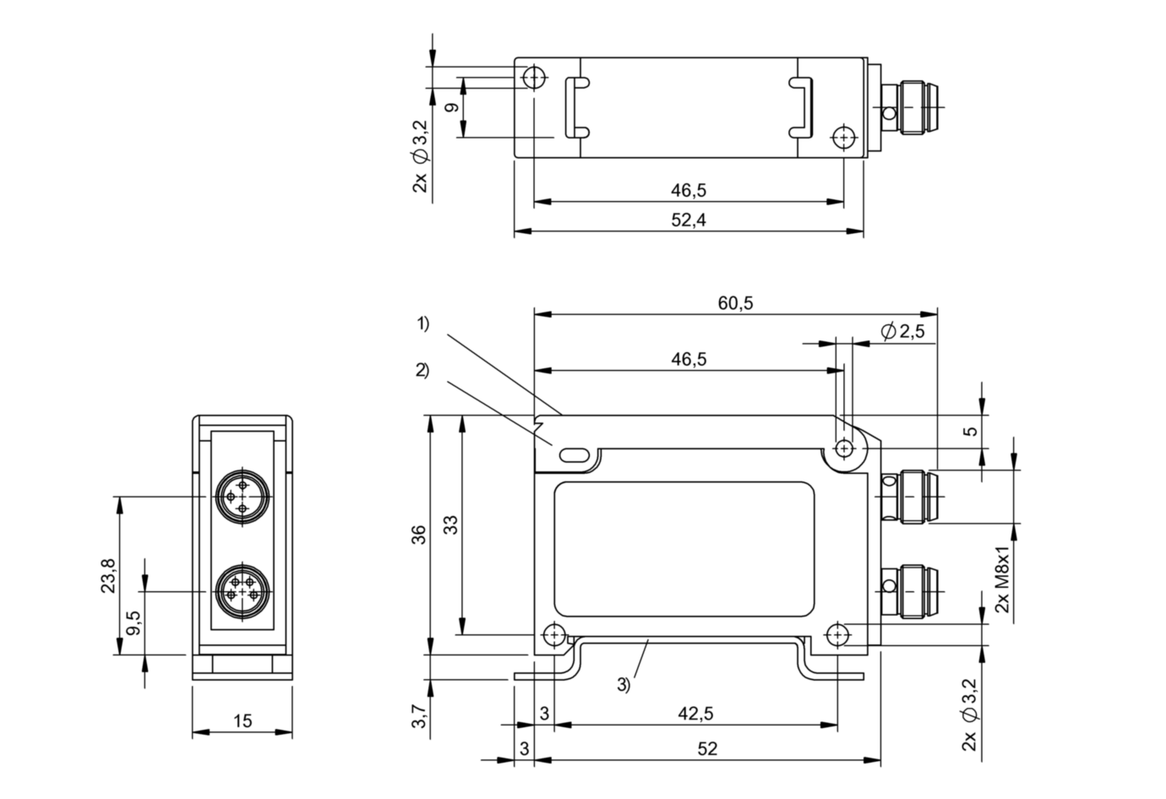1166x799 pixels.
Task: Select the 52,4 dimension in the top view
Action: tap(688, 220)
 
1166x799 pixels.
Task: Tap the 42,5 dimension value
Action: tap(695, 714)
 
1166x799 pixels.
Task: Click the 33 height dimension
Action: tap(450, 525)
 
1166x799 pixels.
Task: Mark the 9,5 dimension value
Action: tap(133, 624)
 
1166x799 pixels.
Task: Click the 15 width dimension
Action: tap(242, 720)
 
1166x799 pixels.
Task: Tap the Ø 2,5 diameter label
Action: tap(902, 331)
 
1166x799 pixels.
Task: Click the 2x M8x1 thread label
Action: tap(1002, 583)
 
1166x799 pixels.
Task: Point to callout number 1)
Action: tap(422, 323)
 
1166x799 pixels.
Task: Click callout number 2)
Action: tap(422, 370)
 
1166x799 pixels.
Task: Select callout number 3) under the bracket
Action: tap(624, 686)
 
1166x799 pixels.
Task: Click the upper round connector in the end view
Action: tap(242, 497)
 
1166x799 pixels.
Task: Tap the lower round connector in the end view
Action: tap(242, 593)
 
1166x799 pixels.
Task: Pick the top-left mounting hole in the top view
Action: tap(534, 78)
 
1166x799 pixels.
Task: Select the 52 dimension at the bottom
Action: tap(708, 748)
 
